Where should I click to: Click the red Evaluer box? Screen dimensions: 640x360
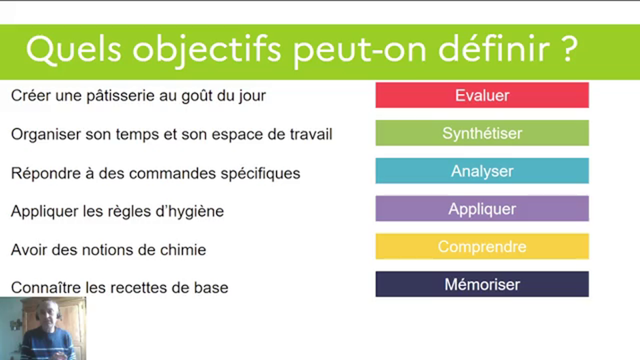tap(482, 95)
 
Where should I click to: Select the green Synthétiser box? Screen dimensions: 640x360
tap(482, 133)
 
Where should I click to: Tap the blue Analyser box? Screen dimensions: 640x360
tap(482, 171)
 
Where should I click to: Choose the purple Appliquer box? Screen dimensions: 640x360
tap(482, 208)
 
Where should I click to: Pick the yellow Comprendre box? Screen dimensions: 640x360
tap(482, 246)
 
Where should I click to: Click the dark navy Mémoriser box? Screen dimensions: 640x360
tap(482, 284)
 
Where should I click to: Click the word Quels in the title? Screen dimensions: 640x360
tap(74, 49)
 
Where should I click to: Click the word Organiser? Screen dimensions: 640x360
tap(46, 134)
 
